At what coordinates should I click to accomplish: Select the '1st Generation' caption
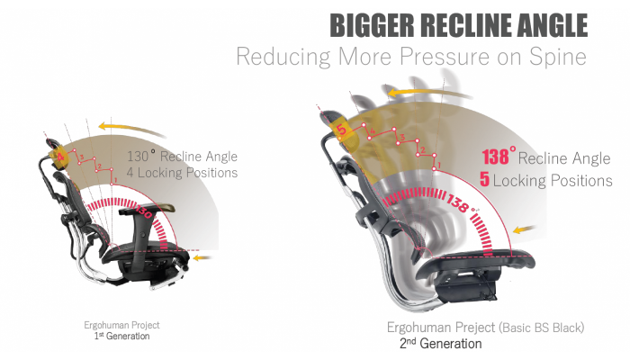click(121, 337)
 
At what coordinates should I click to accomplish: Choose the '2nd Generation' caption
click(440, 344)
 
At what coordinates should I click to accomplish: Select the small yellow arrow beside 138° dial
click(521, 229)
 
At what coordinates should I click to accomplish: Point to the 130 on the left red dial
click(145, 215)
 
